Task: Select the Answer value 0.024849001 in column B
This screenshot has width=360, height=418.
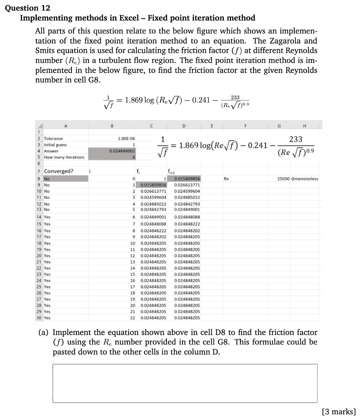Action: [x=122, y=151]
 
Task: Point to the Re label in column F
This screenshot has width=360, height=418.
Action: [x=227, y=179]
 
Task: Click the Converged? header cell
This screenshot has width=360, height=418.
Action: [x=59, y=171]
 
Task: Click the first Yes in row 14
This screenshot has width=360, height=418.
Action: [x=47, y=217]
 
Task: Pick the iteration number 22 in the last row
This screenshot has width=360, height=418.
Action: [x=132, y=318]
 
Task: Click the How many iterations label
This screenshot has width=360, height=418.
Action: [x=64, y=157]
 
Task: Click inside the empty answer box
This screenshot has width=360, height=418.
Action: [x=184, y=383]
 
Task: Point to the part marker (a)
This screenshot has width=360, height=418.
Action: [x=44, y=333]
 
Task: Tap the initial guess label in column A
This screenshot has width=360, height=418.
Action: [x=56, y=145]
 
